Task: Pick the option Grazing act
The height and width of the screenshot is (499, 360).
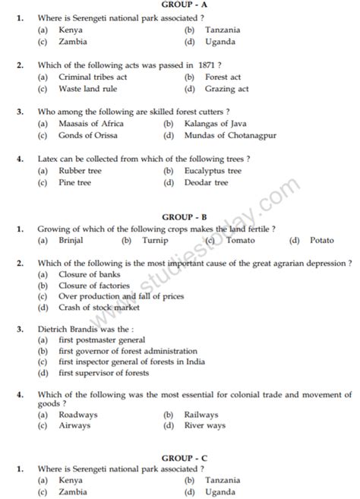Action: click(226, 89)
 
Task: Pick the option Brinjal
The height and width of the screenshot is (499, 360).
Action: click(71, 241)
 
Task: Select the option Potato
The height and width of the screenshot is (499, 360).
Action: click(321, 241)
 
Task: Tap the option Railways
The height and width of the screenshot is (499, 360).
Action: click(201, 415)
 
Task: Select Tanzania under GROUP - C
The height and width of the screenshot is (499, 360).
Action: click(223, 480)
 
